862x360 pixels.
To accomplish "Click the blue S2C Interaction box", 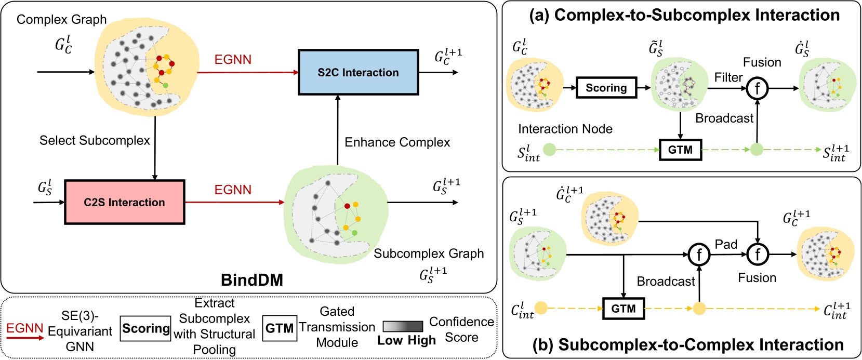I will coord(358,72).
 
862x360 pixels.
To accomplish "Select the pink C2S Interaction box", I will coord(124,202).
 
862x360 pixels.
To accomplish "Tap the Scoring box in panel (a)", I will coord(606,88).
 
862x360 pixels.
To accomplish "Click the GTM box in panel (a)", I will coord(680,150).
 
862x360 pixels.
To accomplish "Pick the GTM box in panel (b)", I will coord(623,309).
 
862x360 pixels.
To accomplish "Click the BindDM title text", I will coord(252,280).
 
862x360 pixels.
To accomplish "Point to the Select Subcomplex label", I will coord(95,140).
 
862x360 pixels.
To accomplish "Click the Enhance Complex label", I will coord(397,142).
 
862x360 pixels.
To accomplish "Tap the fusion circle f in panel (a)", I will coord(757,88).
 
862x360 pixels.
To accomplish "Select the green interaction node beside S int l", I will coord(549,150).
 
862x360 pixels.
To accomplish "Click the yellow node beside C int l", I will coord(541,308).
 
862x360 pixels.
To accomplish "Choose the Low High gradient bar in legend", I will coord(403,326).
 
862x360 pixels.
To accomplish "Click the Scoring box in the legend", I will coord(145,328).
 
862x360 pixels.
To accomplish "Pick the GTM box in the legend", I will coord(280,328).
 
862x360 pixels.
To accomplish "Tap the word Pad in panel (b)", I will coord(726,244).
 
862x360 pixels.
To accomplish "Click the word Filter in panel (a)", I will coord(728,77).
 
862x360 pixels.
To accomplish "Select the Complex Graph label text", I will coord(61,20).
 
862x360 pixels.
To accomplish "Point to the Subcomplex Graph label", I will coord(429,254).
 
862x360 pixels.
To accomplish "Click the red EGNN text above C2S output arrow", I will coord(233,190).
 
